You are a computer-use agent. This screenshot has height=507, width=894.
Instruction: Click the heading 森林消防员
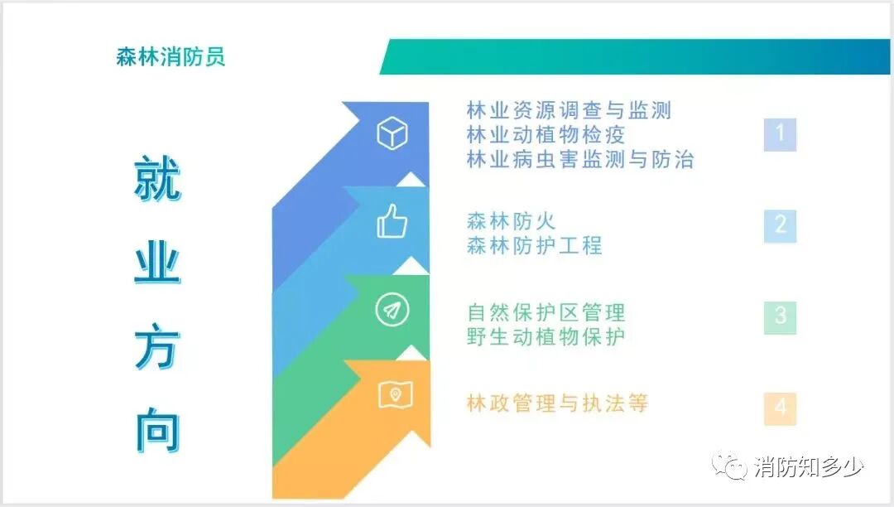171,57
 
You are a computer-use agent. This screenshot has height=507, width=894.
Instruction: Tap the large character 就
157,179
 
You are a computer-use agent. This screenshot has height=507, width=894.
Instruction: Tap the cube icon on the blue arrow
392,133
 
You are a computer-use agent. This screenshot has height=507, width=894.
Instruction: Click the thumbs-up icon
392,222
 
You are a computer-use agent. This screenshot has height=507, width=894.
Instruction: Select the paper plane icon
392,311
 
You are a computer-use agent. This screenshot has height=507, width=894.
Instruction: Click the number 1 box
780,134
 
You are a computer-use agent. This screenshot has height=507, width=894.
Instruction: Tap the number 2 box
780,225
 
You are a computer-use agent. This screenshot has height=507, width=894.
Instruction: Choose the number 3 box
780,316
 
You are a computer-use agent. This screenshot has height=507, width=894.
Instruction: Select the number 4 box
780,408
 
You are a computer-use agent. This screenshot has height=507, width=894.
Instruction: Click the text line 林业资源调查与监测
569,109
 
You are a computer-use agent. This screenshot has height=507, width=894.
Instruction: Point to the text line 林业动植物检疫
546,134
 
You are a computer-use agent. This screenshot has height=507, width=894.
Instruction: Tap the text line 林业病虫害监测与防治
579,159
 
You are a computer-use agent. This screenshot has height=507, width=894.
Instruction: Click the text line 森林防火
511,221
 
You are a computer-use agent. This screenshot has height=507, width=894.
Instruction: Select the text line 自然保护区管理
546,312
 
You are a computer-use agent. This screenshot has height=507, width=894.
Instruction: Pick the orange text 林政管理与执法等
557,403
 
